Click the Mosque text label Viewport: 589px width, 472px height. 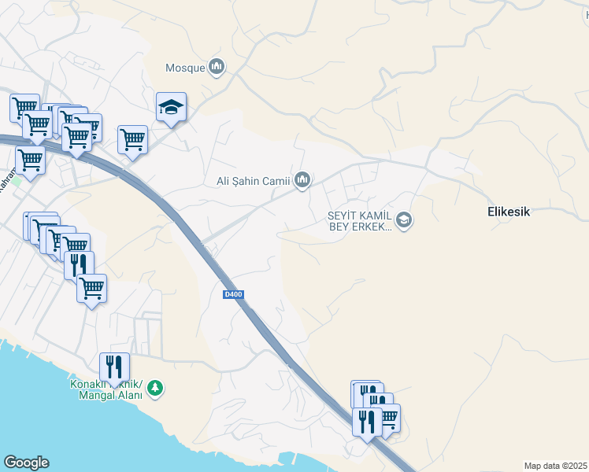(185, 68)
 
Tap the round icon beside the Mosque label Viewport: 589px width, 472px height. (217, 68)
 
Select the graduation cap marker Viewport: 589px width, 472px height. (171, 107)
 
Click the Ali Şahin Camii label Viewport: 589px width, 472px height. (254, 182)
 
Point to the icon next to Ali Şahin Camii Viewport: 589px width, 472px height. (302, 181)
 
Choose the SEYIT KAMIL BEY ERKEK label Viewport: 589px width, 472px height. (360, 221)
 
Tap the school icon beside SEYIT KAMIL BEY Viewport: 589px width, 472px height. (403, 220)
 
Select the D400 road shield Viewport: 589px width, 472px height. (233, 294)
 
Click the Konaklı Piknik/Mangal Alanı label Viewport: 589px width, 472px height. (106, 390)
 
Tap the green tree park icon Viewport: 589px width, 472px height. (155, 387)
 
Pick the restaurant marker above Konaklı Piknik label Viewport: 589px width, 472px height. (114, 367)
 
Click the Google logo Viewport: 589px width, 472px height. (26, 463)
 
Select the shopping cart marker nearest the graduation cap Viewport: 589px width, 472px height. (132, 140)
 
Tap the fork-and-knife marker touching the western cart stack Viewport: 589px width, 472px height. (79, 265)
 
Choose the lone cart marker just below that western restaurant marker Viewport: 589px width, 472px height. (91, 288)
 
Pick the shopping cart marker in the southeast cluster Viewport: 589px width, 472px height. (388, 417)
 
